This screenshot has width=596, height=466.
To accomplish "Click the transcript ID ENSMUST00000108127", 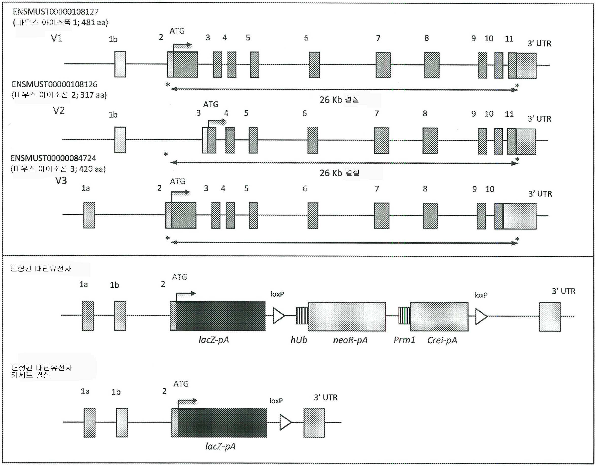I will pos(56,12).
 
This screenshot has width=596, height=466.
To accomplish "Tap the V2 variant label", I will pos(59,111).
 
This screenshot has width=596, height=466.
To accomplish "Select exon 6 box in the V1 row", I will pos(314,65).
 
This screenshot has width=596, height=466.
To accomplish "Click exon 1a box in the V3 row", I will pos(89,215).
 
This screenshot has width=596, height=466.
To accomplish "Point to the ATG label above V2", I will pos(211,104).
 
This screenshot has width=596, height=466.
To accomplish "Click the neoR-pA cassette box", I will pos(347,317).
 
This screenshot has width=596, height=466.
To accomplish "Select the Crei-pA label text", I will pos(442,340).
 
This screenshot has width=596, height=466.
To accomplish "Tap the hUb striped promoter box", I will pos(302,316).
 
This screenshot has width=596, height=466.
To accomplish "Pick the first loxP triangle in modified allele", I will pos(278,316).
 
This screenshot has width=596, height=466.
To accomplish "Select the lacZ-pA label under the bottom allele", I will pos(220,446).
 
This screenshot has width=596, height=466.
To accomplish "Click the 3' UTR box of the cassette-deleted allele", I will pos(314,423).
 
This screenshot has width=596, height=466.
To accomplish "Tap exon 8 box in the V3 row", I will pos(430,216).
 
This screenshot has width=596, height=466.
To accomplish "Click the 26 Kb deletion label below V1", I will pos(339,100).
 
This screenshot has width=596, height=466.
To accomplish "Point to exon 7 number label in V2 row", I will pos(377,113).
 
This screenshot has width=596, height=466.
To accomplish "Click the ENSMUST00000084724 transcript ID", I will pos(54,158).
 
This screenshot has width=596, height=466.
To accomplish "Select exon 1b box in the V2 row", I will pos(120,140).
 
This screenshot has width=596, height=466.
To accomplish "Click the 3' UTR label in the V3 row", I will pos(540,194).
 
